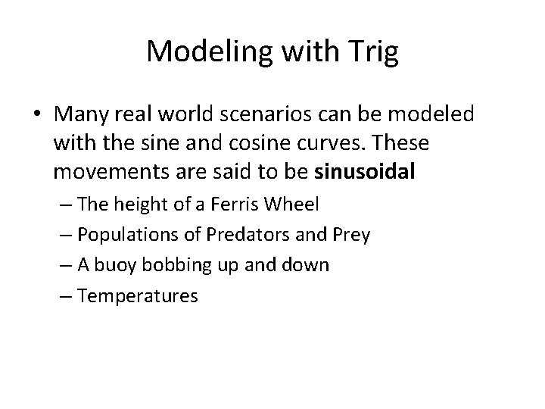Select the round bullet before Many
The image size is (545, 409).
36,114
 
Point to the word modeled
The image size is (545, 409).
434,114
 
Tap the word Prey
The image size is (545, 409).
352,236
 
